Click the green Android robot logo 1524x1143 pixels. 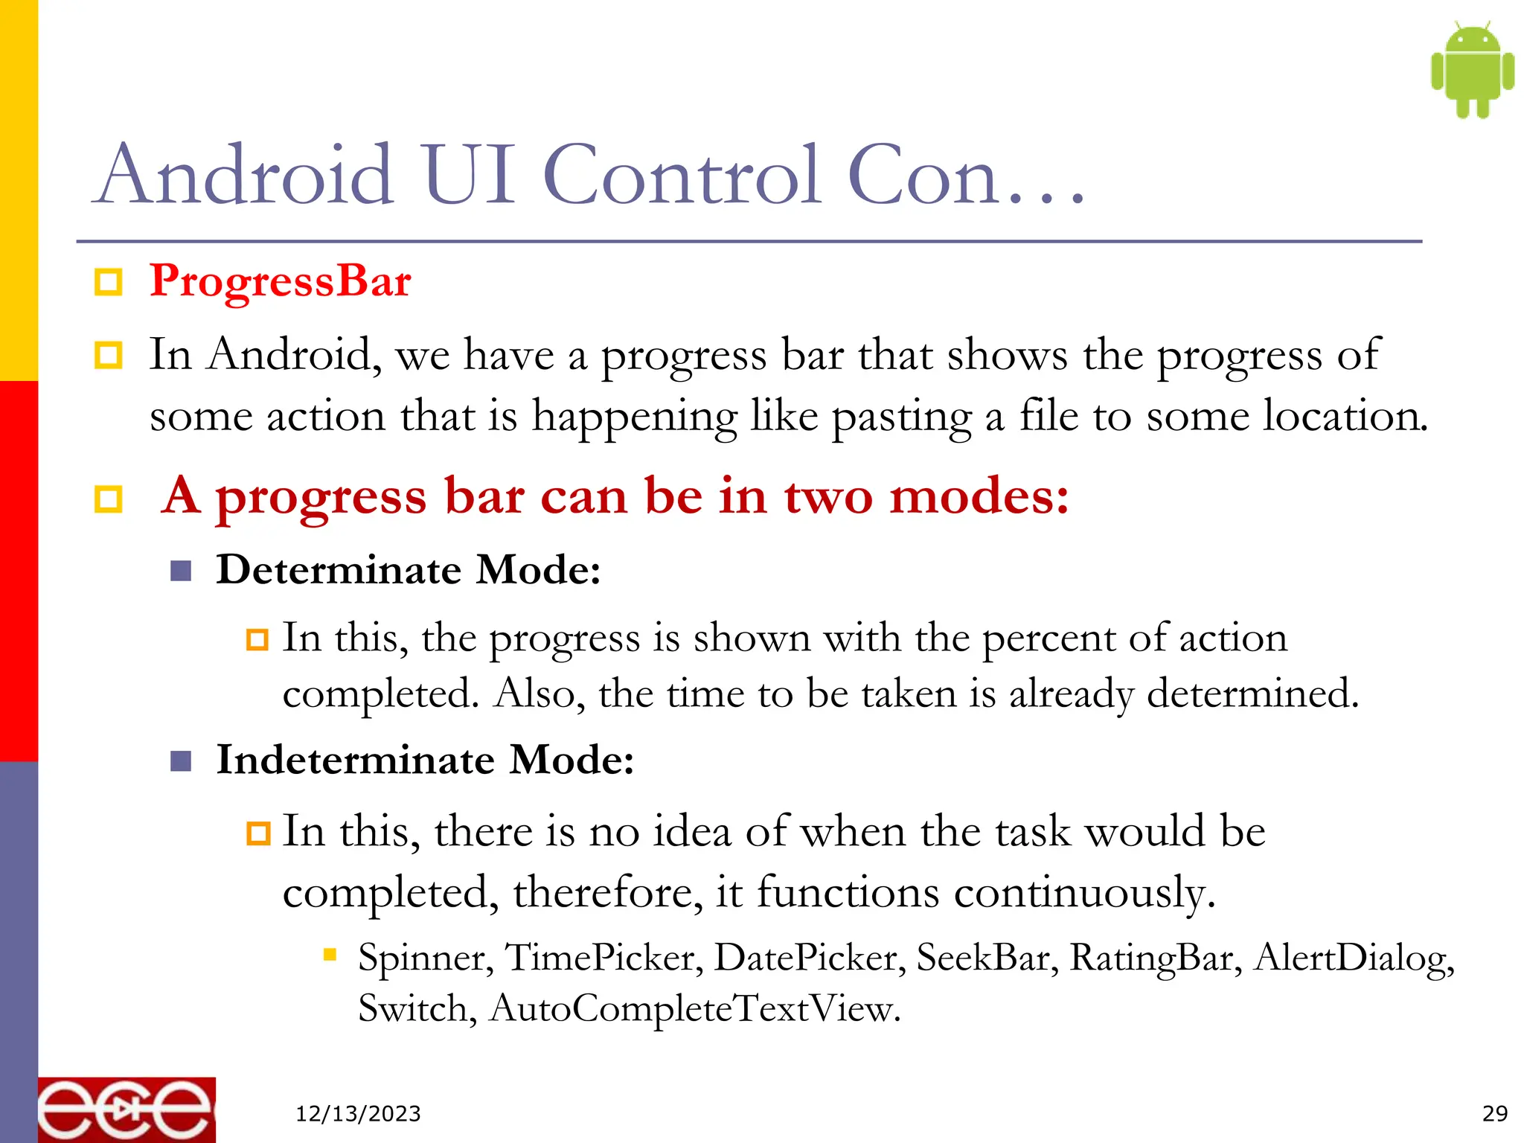1472,70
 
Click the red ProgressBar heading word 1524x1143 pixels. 280,281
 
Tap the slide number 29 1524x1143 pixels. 1494,1113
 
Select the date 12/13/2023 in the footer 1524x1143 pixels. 358,1114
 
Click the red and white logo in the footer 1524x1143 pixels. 127,1110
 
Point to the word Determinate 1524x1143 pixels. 339,570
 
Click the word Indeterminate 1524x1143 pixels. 355,760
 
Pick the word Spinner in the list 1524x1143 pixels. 425,958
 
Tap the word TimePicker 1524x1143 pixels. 603,958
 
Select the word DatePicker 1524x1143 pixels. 810,958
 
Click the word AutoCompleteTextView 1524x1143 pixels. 694,1009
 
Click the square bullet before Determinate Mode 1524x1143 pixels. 181,571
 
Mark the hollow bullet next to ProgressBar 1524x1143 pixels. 109,283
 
